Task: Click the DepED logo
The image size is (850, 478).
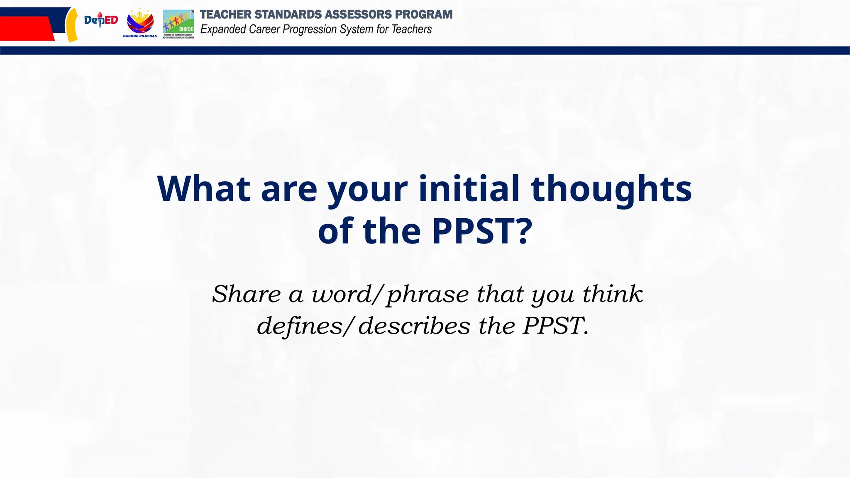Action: click(x=101, y=20)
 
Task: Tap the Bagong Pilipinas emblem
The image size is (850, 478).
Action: click(x=140, y=22)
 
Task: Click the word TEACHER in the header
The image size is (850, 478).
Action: click(x=225, y=15)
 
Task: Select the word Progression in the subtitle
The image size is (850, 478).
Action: click(x=316, y=29)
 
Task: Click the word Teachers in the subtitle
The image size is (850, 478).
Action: click(x=412, y=29)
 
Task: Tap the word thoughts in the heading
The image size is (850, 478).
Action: click(x=611, y=189)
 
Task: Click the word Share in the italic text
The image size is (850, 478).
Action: click(x=247, y=294)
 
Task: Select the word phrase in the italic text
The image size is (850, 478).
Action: click(x=428, y=295)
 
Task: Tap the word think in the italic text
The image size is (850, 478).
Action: click(x=613, y=294)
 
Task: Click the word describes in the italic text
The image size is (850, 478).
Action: click(x=414, y=326)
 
